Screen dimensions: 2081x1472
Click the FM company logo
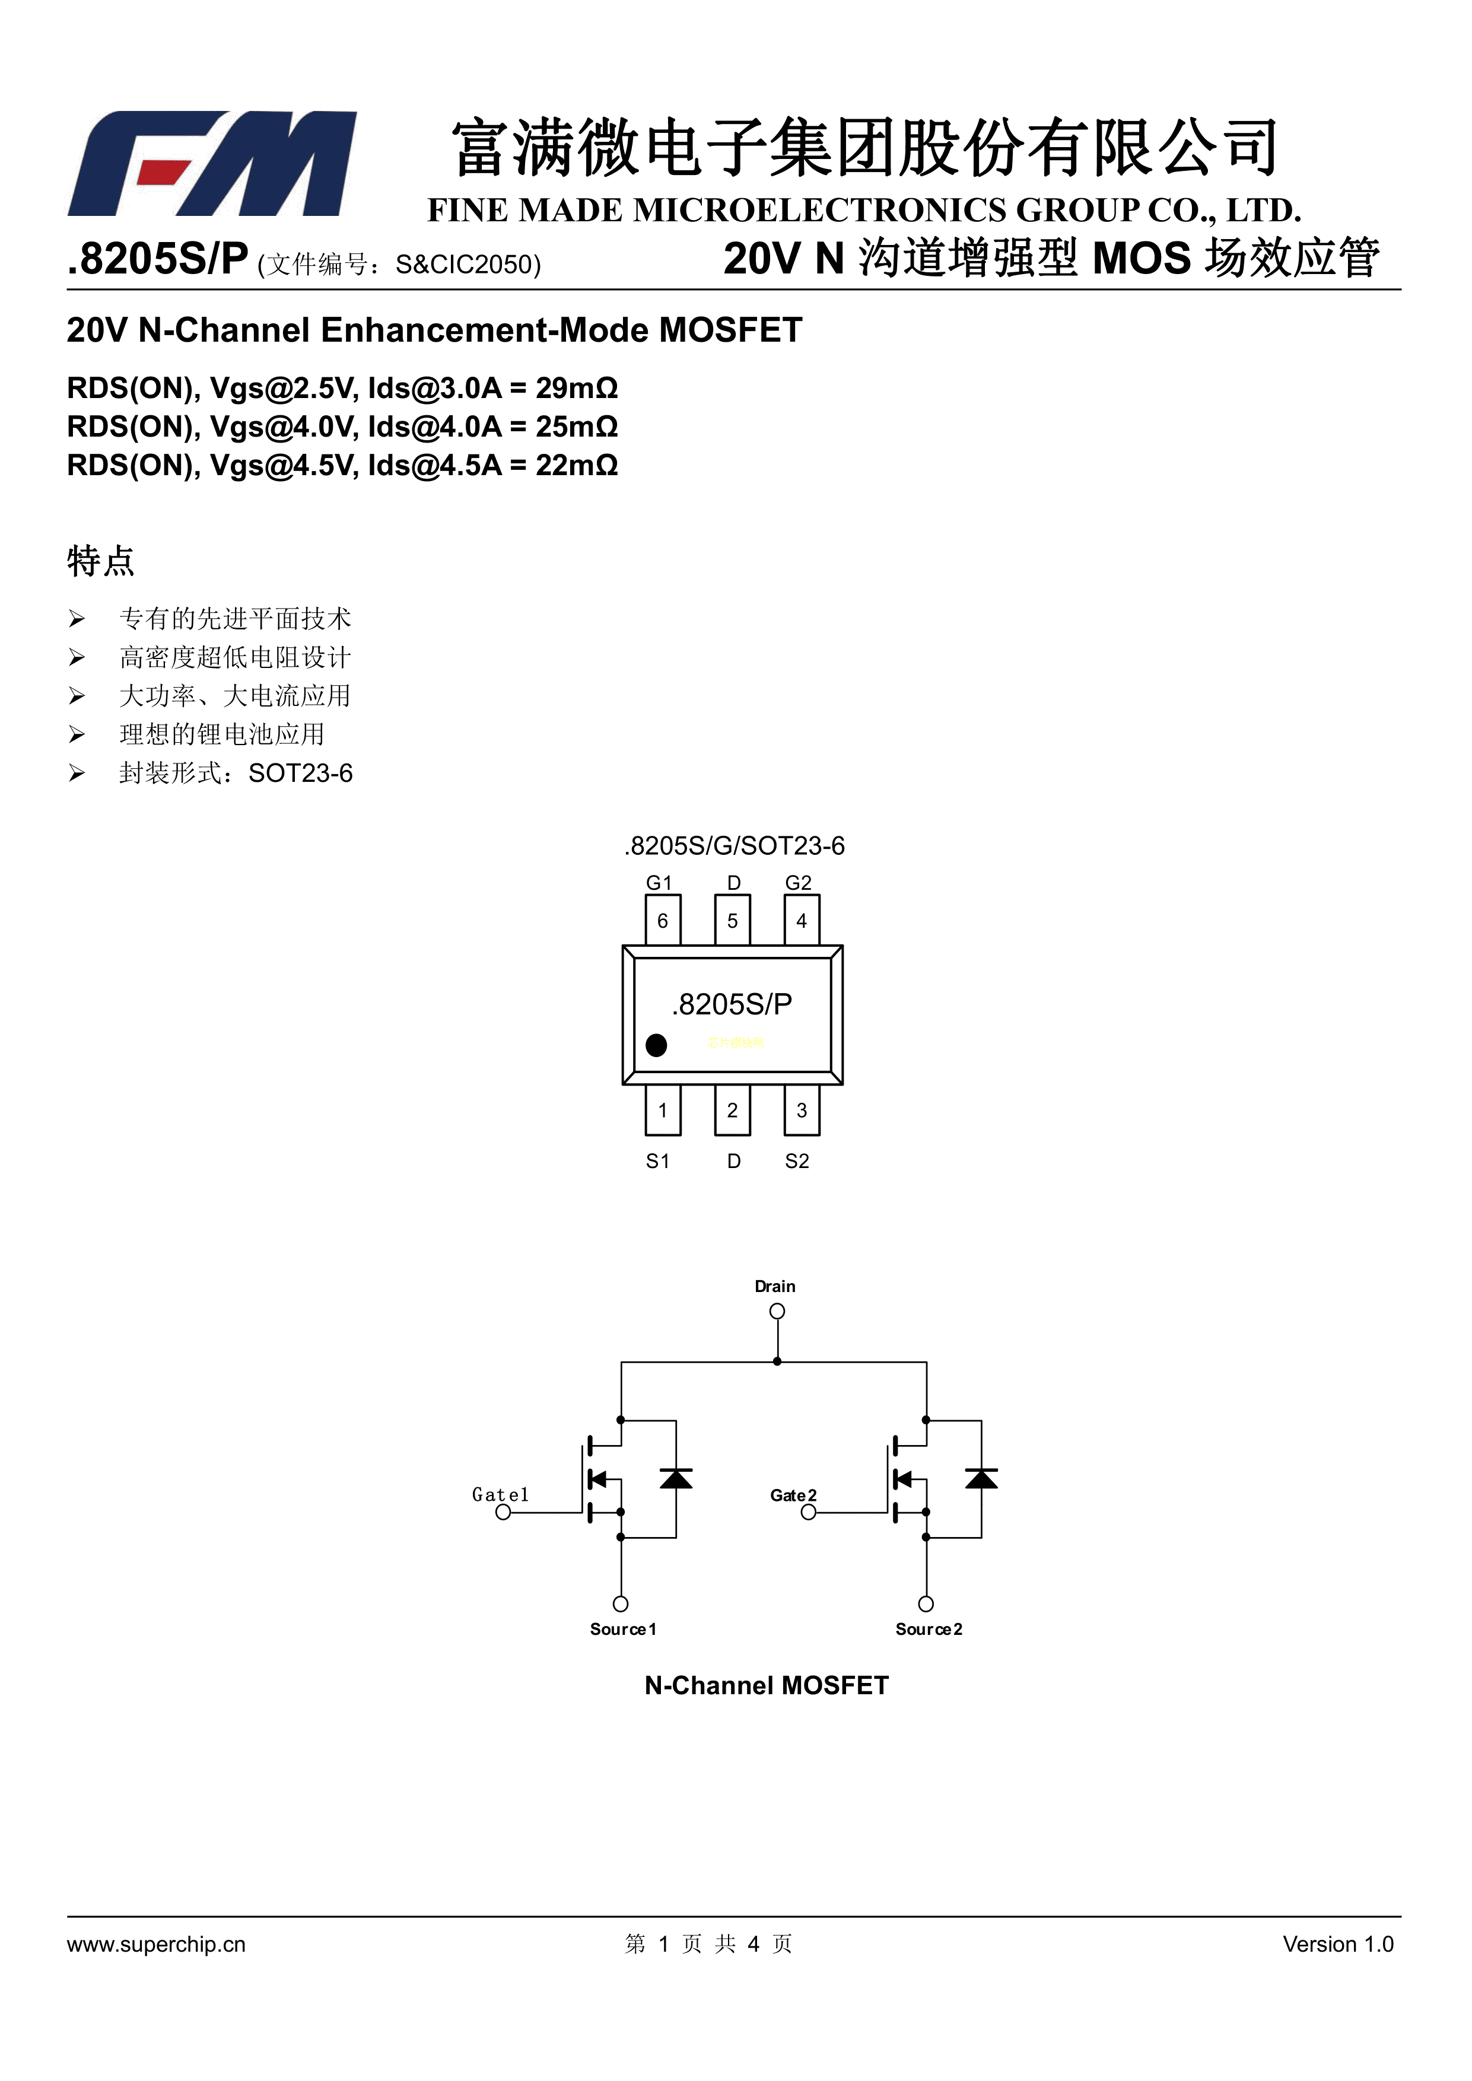pyautogui.click(x=212, y=164)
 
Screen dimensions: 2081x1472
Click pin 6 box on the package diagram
pyautogui.click(x=663, y=921)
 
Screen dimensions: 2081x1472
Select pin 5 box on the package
pyautogui.click(x=732, y=921)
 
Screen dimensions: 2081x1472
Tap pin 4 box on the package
pyautogui.click(x=801, y=921)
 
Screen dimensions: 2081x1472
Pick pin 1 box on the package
pyautogui.click(x=663, y=1110)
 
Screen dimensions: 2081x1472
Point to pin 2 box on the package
pyautogui.click(x=732, y=1110)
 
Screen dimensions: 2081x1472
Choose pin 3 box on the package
pyautogui.click(x=801, y=1110)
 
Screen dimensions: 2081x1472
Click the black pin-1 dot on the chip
pyautogui.click(x=656, y=1045)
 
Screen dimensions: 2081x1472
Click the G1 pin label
pyautogui.click(x=659, y=883)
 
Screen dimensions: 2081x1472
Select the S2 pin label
pyautogui.click(x=797, y=1161)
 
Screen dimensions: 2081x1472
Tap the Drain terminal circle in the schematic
pyautogui.click(x=777, y=1312)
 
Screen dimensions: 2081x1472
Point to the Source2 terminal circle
pyautogui.click(x=926, y=1604)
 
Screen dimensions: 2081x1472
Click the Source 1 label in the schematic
pyautogui.click(x=623, y=1629)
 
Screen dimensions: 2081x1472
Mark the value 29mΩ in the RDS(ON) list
pyautogui.click(x=577, y=388)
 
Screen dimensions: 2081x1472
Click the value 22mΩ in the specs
pyautogui.click(x=577, y=465)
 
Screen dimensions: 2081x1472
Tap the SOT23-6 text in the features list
pyautogui.click(x=300, y=773)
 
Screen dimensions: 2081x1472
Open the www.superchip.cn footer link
pyautogui.click(x=156, y=1944)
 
